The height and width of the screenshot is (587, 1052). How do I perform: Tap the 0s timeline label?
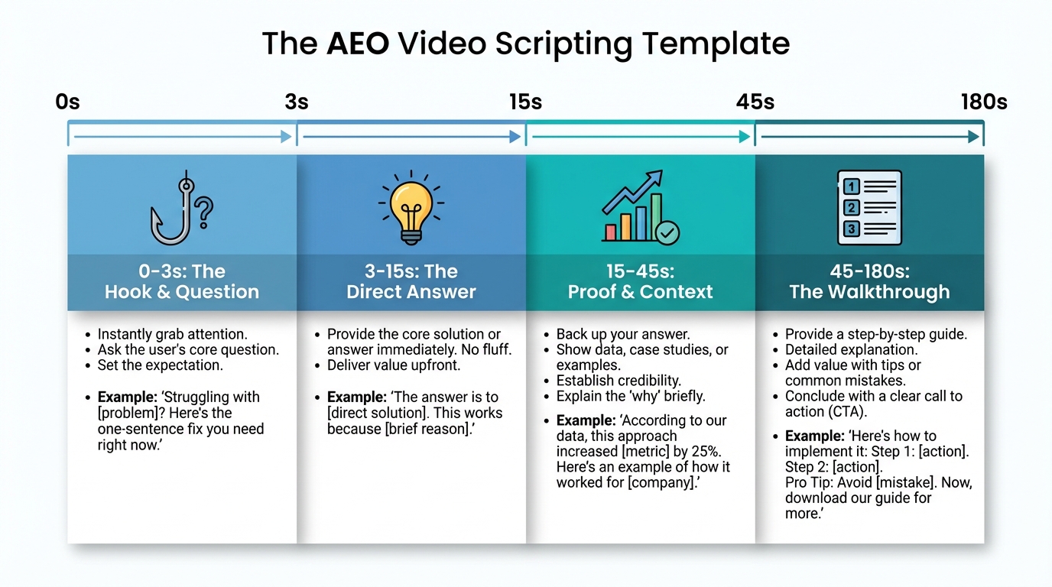(67, 102)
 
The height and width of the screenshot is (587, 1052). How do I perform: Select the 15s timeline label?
(526, 102)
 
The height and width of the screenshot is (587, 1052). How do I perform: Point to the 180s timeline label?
(984, 102)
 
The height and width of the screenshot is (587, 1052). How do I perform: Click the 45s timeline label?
(755, 102)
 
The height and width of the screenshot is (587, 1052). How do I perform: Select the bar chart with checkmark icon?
(640, 207)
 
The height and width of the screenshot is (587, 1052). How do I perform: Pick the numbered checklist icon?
(869, 207)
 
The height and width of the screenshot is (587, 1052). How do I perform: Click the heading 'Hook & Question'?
(182, 291)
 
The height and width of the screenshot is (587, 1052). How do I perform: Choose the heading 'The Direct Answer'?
(411, 291)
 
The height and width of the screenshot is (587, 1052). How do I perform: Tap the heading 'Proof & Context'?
(641, 291)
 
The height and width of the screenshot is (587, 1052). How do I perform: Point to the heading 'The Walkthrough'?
(869, 291)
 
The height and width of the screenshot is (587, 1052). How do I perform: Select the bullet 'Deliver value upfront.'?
(394, 365)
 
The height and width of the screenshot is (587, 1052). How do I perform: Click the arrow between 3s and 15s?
(411, 137)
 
